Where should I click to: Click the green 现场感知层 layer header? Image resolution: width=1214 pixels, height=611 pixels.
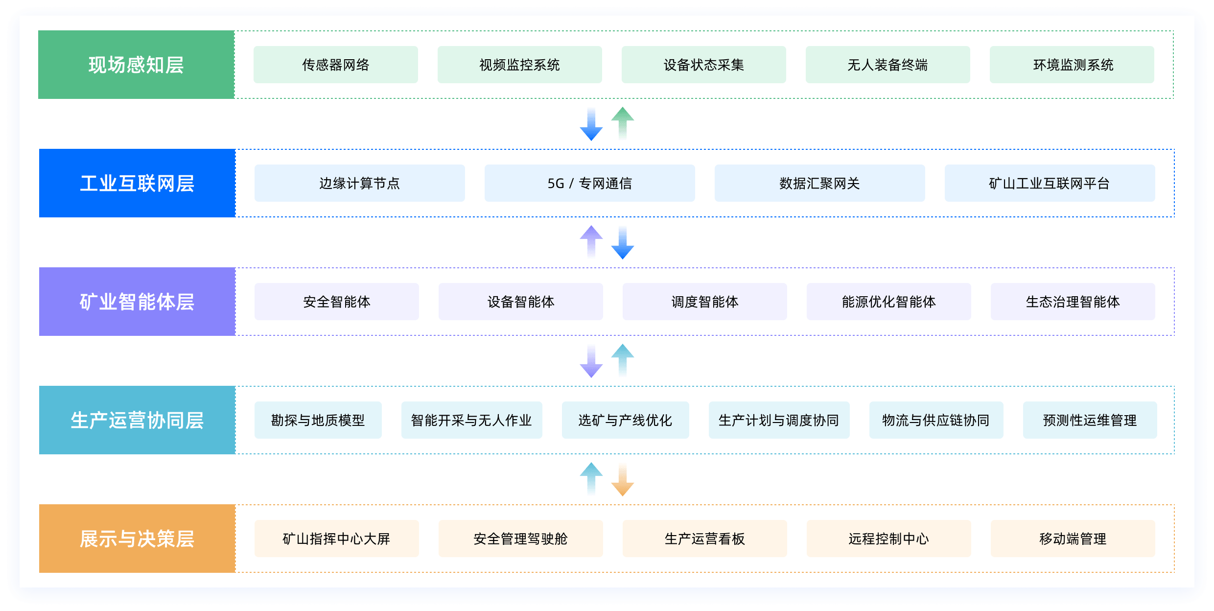click(136, 65)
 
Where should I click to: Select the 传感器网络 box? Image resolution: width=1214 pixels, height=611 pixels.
click(336, 65)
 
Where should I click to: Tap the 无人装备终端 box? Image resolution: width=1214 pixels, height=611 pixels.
click(887, 65)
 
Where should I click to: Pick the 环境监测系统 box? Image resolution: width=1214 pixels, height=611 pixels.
click(1072, 65)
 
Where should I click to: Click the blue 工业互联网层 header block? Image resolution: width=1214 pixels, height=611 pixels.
click(137, 183)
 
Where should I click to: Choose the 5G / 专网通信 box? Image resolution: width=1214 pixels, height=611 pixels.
click(589, 183)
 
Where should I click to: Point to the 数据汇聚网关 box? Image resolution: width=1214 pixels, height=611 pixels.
click(819, 183)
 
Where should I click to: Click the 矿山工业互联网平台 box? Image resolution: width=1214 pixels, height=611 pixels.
click(1050, 183)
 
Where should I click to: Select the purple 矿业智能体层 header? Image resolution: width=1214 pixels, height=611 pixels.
click(137, 302)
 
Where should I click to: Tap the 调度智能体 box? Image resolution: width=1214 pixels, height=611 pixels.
click(704, 302)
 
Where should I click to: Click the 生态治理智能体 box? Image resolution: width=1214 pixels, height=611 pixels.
click(1073, 302)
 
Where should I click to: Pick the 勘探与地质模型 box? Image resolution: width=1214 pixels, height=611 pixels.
click(318, 420)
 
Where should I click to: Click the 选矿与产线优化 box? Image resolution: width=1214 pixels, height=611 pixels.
click(625, 420)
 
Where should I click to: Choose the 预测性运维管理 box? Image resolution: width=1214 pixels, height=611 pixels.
click(1090, 420)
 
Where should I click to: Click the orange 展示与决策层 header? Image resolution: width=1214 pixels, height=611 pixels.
click(137, 539)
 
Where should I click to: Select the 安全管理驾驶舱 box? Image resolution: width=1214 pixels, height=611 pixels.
click(520, 539)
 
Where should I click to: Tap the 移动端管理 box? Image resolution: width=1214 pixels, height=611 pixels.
click(1073, 539)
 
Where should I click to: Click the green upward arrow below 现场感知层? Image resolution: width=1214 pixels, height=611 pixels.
click(622, 122)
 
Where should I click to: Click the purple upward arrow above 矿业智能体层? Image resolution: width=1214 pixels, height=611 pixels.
click(591, 241)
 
